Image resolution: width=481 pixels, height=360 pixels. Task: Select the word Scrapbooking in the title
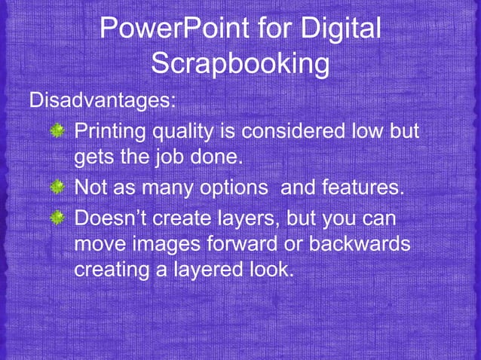pyautogui.click(x=240, y=64)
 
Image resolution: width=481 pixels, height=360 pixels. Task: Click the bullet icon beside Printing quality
pyautogui.click(x=57, y=133)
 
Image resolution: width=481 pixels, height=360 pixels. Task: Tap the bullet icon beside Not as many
pyautogui.click(x=57, y=185)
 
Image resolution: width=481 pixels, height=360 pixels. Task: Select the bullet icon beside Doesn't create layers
pyautogui.click(x=57, y=218)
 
